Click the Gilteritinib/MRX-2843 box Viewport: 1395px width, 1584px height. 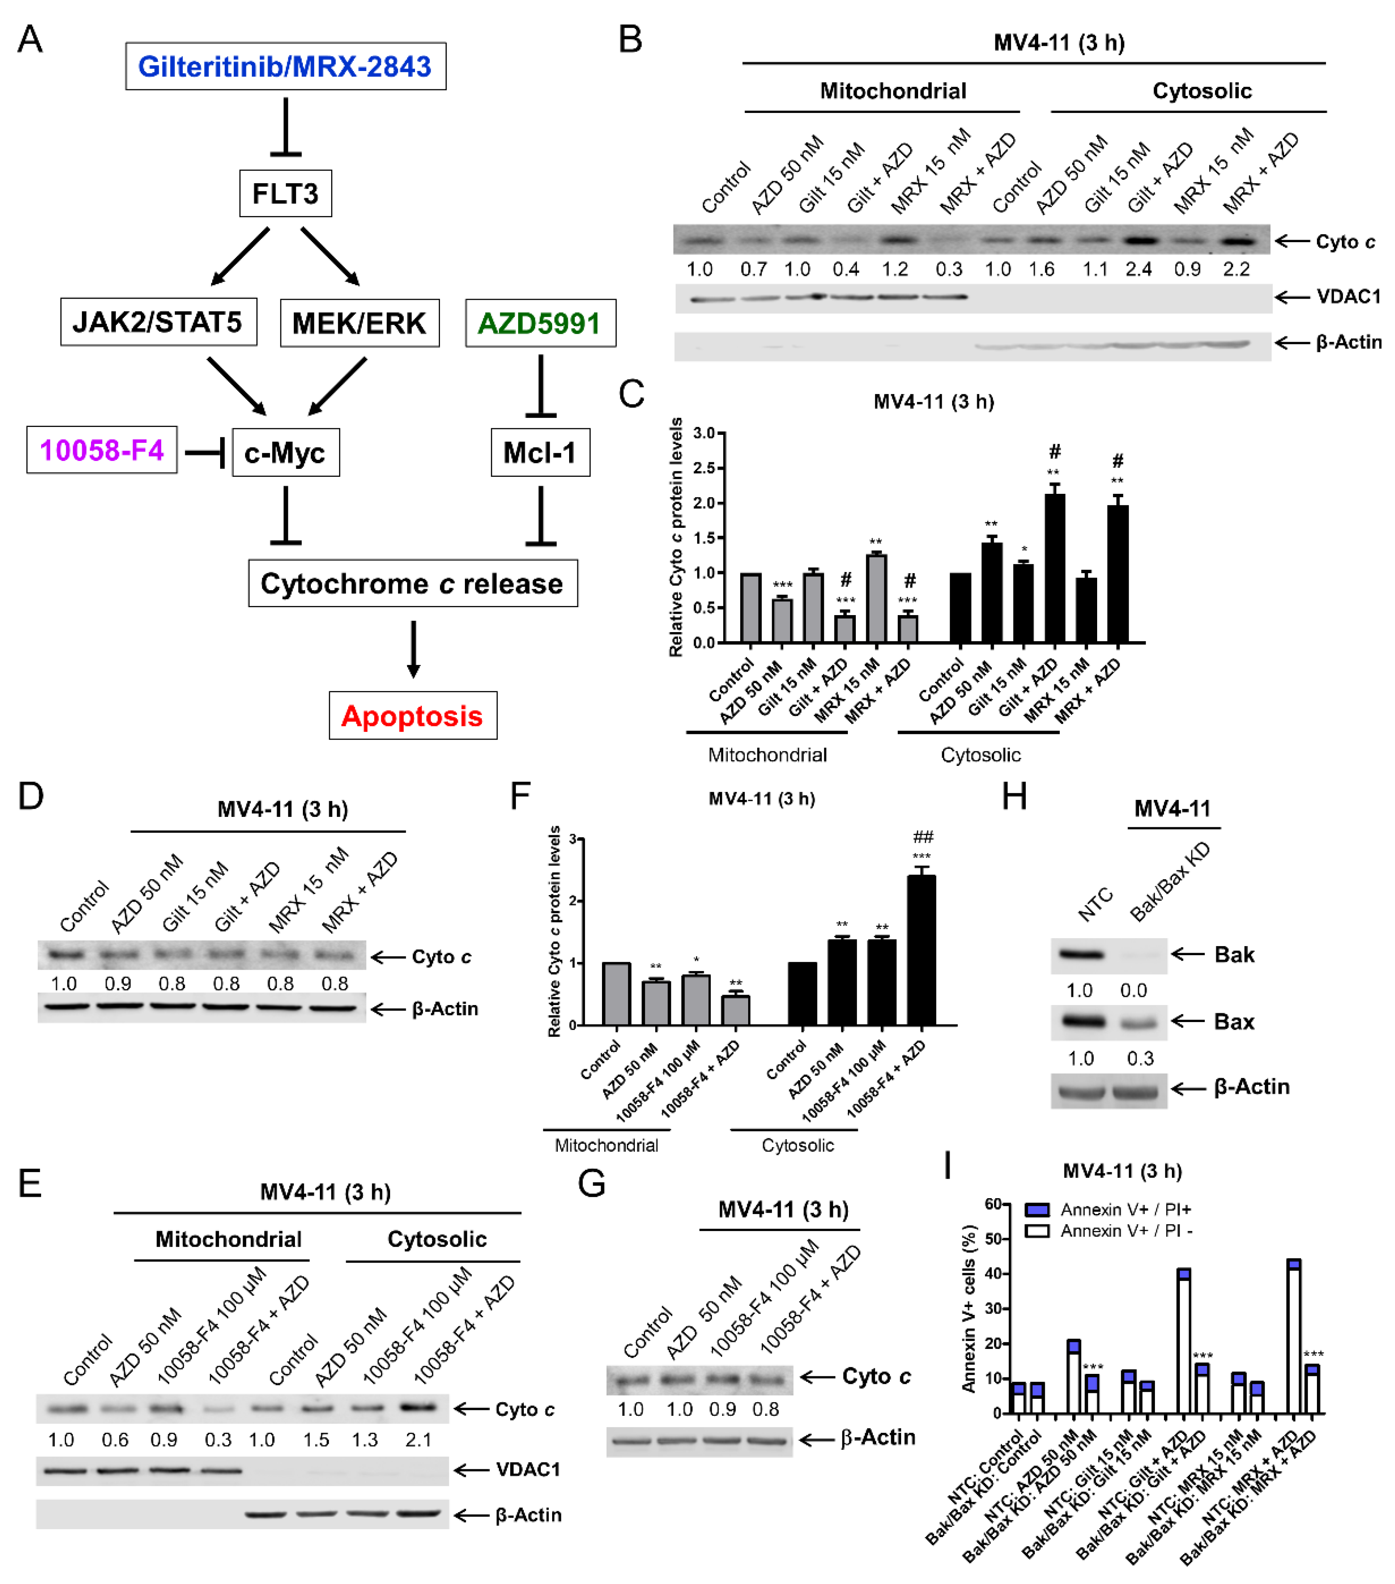tap(285, 66)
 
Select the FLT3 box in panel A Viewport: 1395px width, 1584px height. tap(285, 193)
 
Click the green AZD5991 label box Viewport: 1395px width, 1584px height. tap(540, 322)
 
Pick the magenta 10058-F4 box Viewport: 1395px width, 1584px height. tap(101, 449)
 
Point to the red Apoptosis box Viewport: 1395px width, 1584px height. tap(412, 715)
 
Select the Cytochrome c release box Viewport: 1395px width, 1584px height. tap(412, 583)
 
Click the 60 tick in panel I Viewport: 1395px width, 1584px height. tap(993, 1204)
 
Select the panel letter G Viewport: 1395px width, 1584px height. tap(592, 1183)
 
